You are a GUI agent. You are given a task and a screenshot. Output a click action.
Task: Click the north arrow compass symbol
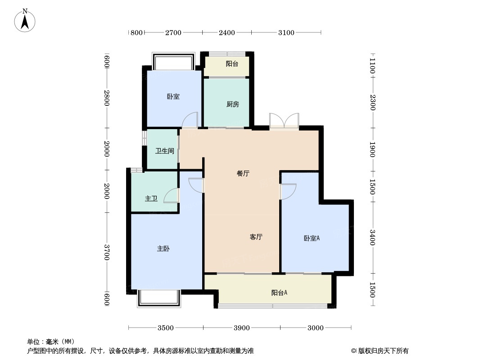tap(25, 21)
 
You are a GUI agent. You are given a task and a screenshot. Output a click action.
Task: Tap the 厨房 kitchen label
tap(232, 104)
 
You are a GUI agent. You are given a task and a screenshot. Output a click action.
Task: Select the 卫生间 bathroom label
tap(165, 151)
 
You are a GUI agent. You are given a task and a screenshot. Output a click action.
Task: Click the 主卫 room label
tap(151, 198)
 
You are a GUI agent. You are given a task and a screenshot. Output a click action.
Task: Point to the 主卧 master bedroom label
tap(163, 248)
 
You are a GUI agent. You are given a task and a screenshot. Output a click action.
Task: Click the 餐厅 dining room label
tap(243, 173)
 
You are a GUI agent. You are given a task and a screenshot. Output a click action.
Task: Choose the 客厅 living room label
tap(256, 237)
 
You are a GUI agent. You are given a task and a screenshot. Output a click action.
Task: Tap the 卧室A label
tap(312, 238)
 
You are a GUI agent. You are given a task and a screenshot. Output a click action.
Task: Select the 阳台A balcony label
tap(279, 293)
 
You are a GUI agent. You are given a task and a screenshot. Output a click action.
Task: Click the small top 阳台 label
tap(232, 64)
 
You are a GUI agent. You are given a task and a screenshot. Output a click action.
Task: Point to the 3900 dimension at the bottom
tap(242, 328)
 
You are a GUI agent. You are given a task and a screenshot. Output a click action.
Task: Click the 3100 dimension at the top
tap(286, 32)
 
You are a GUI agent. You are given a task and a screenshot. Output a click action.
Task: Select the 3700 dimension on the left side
tap(107, 252)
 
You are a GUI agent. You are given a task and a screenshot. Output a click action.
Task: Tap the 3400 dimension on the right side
tap(372, 237)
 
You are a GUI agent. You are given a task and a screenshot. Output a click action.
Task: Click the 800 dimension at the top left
tap(136, 32)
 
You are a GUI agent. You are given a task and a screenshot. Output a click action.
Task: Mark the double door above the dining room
tap(284, 121)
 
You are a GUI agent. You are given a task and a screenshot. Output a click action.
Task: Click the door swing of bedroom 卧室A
tap(288, 192)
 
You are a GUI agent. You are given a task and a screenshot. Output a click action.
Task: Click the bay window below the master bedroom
tap(158, 298)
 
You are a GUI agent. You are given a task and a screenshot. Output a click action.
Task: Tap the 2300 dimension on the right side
tap(372, 102)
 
